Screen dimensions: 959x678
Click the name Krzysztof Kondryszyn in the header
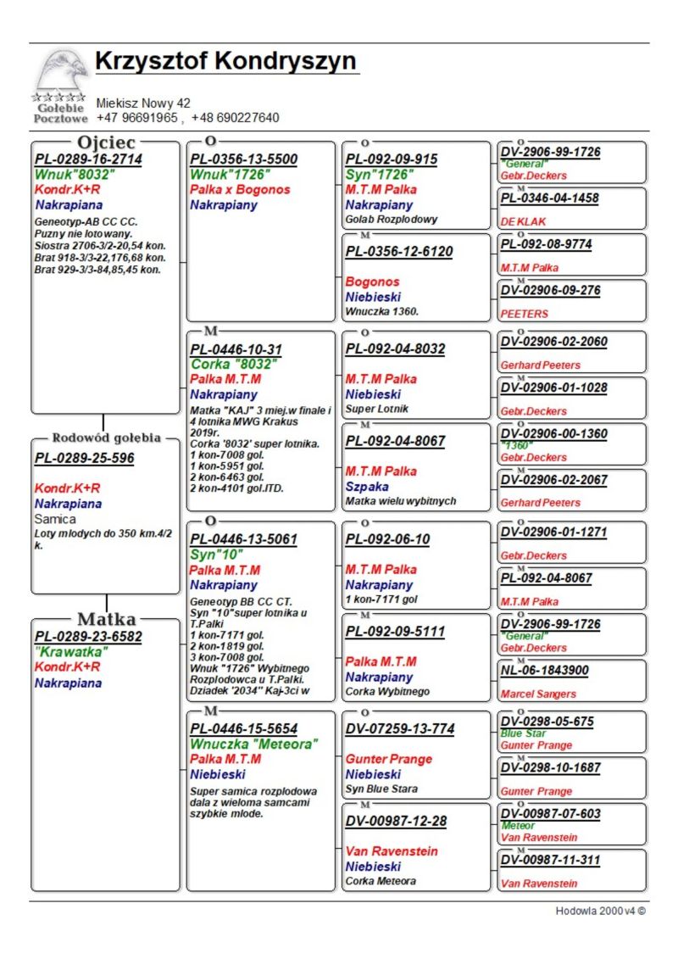[225, 62]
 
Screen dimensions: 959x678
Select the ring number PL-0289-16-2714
[88, 159]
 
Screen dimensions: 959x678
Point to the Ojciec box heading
[107, 142]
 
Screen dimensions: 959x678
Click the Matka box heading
[107, 619]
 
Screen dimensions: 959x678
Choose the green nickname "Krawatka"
[71, 652]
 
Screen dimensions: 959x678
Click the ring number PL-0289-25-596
[84, 459]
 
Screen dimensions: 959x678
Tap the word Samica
[55, 519]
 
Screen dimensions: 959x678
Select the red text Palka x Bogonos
[240, 190]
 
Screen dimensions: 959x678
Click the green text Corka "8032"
[234, 365]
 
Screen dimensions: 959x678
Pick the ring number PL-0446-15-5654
[243, 728]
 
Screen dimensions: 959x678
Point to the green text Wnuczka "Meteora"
[254, 744]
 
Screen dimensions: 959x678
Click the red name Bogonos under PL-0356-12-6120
[372, 282]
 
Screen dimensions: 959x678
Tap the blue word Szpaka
[367, 487]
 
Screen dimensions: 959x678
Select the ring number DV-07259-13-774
[399, 728]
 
